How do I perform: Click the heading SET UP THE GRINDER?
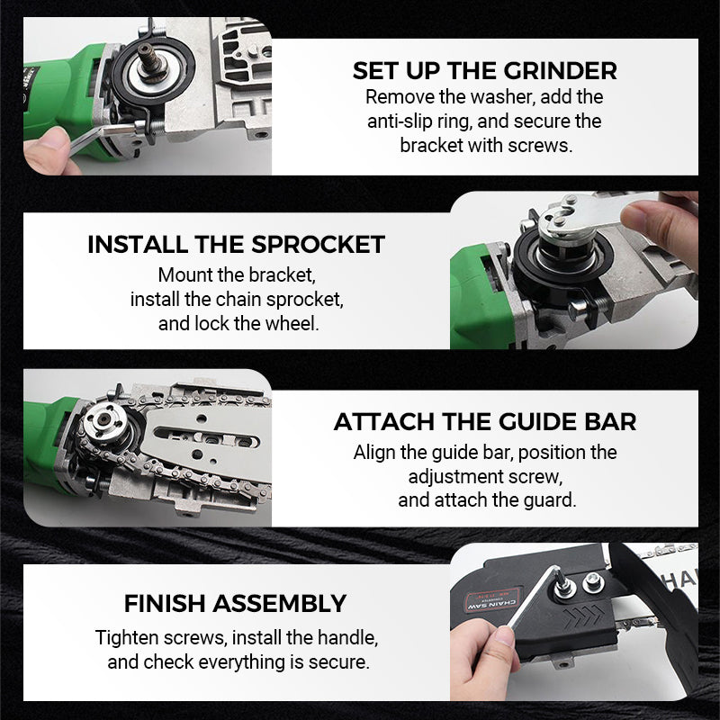coord(484,70)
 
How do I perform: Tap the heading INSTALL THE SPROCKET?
coord(236,244)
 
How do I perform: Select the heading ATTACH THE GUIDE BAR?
coord(485,421)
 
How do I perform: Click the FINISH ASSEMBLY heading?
coord(235,602)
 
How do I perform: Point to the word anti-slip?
coord(403,121)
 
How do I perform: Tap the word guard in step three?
coord(550,499)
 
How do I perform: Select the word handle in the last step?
coord(347,638)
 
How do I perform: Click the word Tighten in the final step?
coord(128,638)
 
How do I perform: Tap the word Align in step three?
coord(373,452)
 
